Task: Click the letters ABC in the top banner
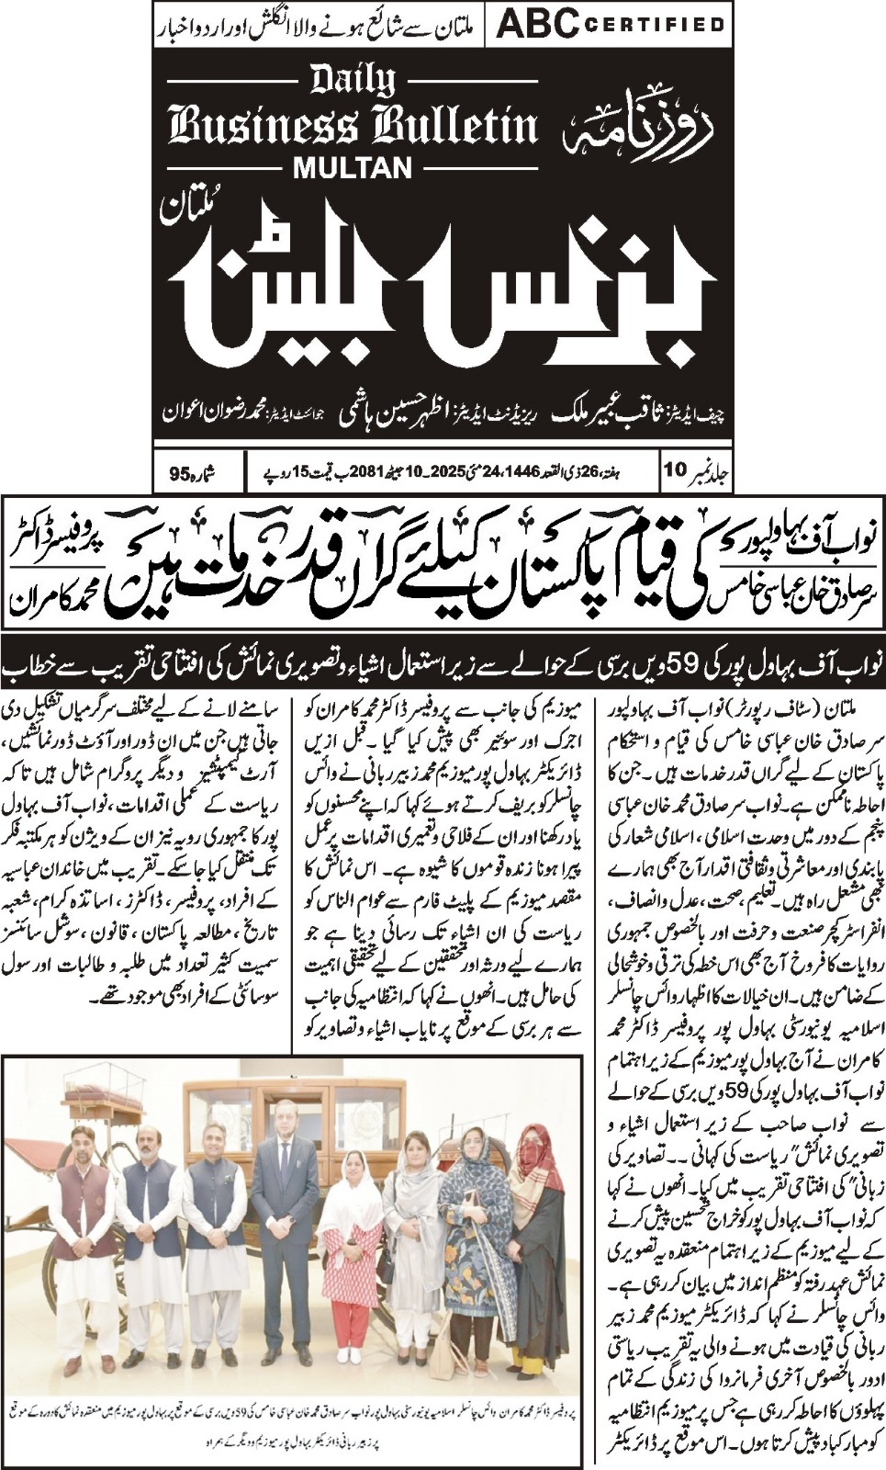click(x=535, y=25)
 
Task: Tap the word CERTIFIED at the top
click(x=653, y=26)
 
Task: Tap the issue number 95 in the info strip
click(x=181, y=474)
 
